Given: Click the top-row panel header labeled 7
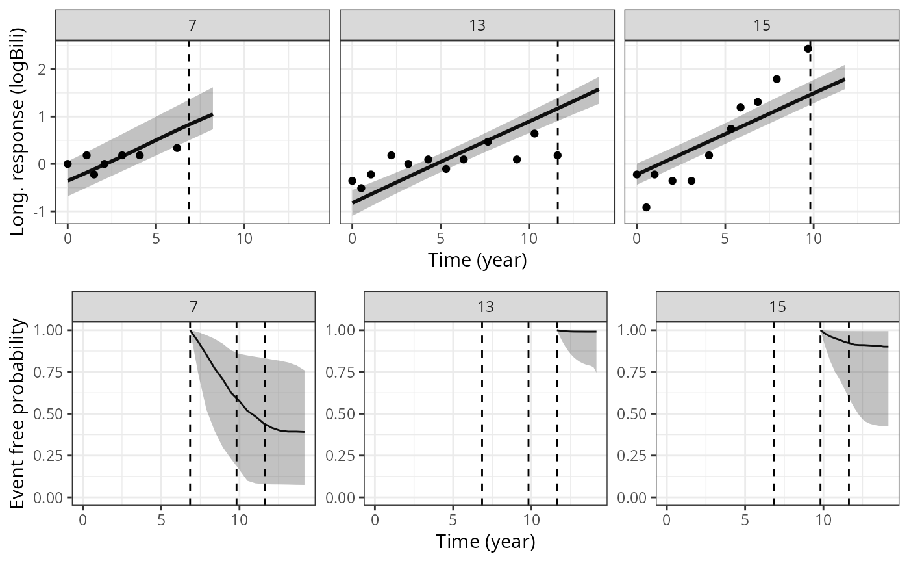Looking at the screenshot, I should tap(192, 25).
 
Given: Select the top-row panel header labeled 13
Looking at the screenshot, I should tap(477, 25).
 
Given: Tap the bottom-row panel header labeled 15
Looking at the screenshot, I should tap(777, 306).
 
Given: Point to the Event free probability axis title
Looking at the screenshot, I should tap(19, 413).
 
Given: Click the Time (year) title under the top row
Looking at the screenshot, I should tap(477, 260).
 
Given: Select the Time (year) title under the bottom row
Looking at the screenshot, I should tap(485, 541).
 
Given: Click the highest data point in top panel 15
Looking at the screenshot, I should tap(808, 49).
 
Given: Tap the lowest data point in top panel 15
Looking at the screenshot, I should tap(646, 207).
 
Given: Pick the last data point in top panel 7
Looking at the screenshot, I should tap(177, 148).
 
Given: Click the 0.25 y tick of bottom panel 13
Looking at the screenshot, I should tap(347, 456).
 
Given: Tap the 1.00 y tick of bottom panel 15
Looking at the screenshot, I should tap(639, 330).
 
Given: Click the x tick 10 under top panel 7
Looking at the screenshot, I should tap(244, 238).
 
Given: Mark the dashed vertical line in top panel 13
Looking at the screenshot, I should tap(558, 130).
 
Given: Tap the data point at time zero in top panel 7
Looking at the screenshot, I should tap(68, 164).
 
